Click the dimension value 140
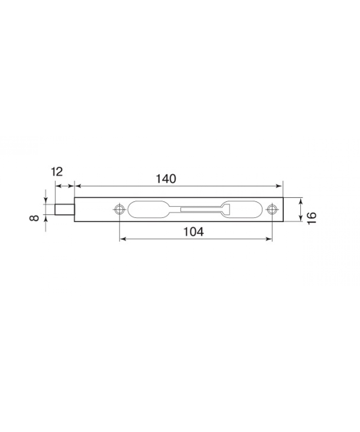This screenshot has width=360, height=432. tap(166, 179)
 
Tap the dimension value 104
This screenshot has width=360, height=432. tap(193, 232)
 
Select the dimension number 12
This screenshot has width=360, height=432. tap(57, 172)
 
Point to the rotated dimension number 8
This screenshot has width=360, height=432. tap(34, 218)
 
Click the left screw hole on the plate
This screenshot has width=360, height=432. tap(119, 210)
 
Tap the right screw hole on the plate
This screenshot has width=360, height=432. tap(272, 210)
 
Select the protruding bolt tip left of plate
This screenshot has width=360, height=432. tap(64, 209)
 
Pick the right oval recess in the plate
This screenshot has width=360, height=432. tap(242, 209)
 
